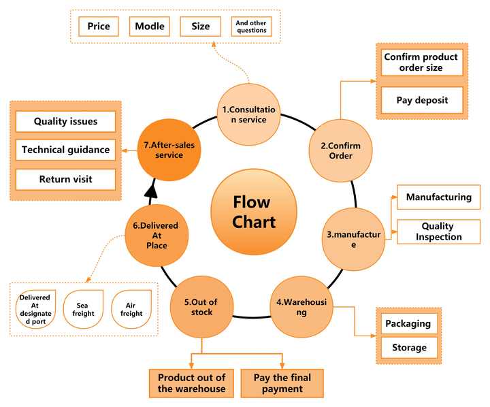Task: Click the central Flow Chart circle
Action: (x=252, y=212)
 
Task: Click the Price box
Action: (x=99, y=27)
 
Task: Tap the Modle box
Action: (x=149, y=27)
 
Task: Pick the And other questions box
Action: (x=251, y=27)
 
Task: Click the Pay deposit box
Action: (x=422, y=100)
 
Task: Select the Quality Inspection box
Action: (x=437, y=232)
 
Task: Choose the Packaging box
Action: (x=408, y=323)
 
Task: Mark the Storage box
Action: (x=408, y=348)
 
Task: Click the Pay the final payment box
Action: (x=282, y=383)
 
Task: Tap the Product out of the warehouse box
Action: (x=192, y=383)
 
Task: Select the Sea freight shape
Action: (x=83, y=308)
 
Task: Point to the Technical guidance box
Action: (x=65, y=150)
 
